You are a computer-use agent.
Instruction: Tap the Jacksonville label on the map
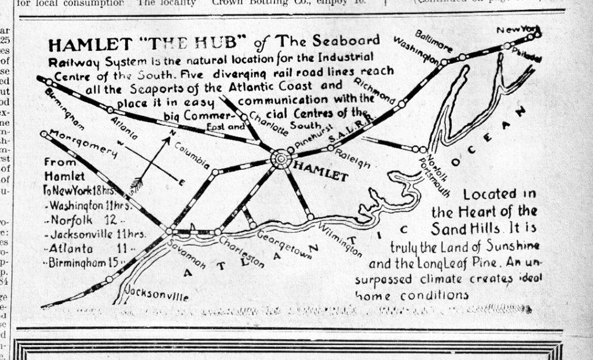click(158, 294)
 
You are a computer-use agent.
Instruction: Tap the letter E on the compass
click(181, 183)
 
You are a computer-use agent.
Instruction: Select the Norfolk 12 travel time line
click(87, 221)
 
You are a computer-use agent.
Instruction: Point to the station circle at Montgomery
click(44, 134)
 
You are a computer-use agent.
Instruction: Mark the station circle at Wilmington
click(311, 216)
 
